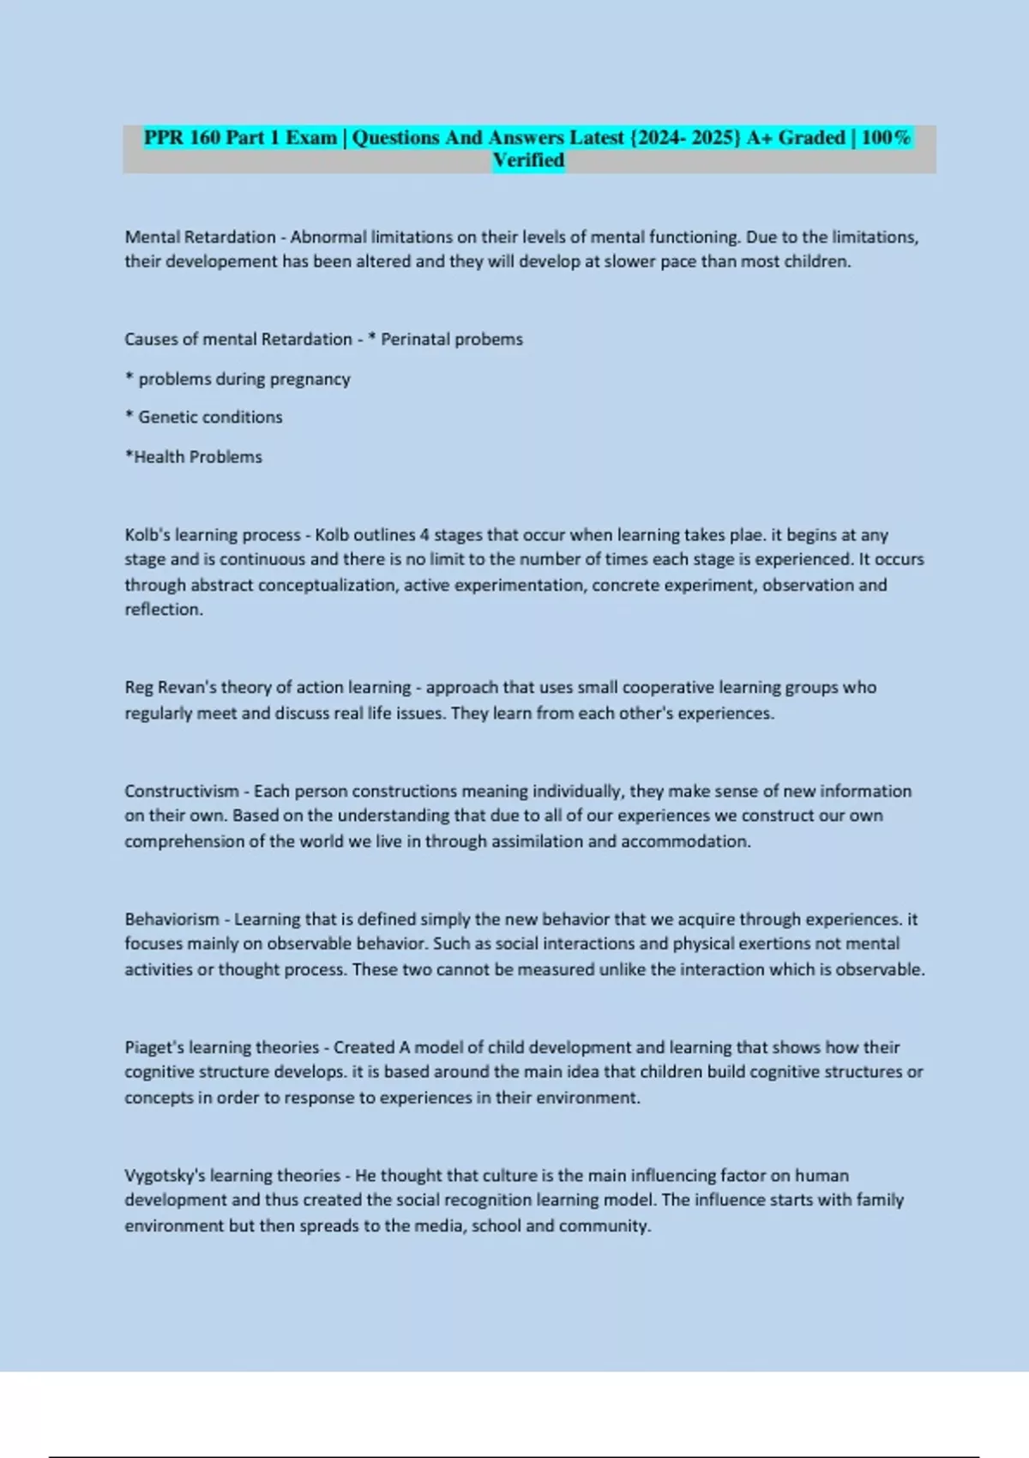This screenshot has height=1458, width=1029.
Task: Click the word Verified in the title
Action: point(528,160)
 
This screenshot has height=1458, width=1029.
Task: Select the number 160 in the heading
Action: point(205,137)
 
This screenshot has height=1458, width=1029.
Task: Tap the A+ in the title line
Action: point(759,137)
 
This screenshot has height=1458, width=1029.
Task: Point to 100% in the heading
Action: point(885,137)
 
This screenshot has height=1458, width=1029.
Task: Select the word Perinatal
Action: point(415,339)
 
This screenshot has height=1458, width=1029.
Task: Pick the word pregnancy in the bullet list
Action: point(310,379)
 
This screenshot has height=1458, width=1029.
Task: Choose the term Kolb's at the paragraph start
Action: point(147,535)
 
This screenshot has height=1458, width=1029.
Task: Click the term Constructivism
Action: point(182,791)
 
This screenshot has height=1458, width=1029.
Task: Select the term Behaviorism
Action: point(172,919)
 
